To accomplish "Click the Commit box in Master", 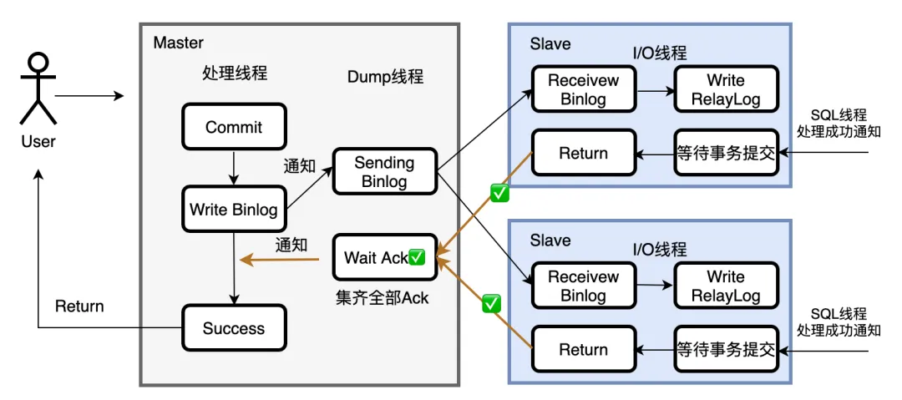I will pyautogui.click(x=234, y=127).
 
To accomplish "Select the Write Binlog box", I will pyautogui.click(x=234, y=210).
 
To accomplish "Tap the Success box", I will pyautogui.click(x=234, y=328).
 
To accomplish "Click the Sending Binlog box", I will pyautogui.click(x=384, y=171).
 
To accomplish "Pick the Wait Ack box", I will pyautogui.click(x=384, y=257).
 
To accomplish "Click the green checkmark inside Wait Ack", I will pyautogui.click(x=418, y=257).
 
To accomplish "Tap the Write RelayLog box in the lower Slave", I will pyautogui.click(x=725, y=286).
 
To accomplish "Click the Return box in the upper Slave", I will pyautogui.click(x=583, y=153).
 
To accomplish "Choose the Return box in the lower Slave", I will pyautogui.click(x=583, y=349).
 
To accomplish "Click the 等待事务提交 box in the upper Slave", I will pyautogui.click(x=725, y=153).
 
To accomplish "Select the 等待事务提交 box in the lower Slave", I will pyautogui.click(x=725, y=349).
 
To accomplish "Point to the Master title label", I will pyautogui.click(x=178, y=43).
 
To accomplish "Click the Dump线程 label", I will pyautogui.click(x=385, y=77).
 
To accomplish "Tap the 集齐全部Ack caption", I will pyautogui.click(x=382, y=297).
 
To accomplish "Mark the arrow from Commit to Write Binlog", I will pyautogui.click(x=234, y=169).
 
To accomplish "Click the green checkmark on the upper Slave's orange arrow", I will pyautogui.click(x=499, y=194).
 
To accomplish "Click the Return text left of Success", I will pyautogui.click(x=79, y=306).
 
